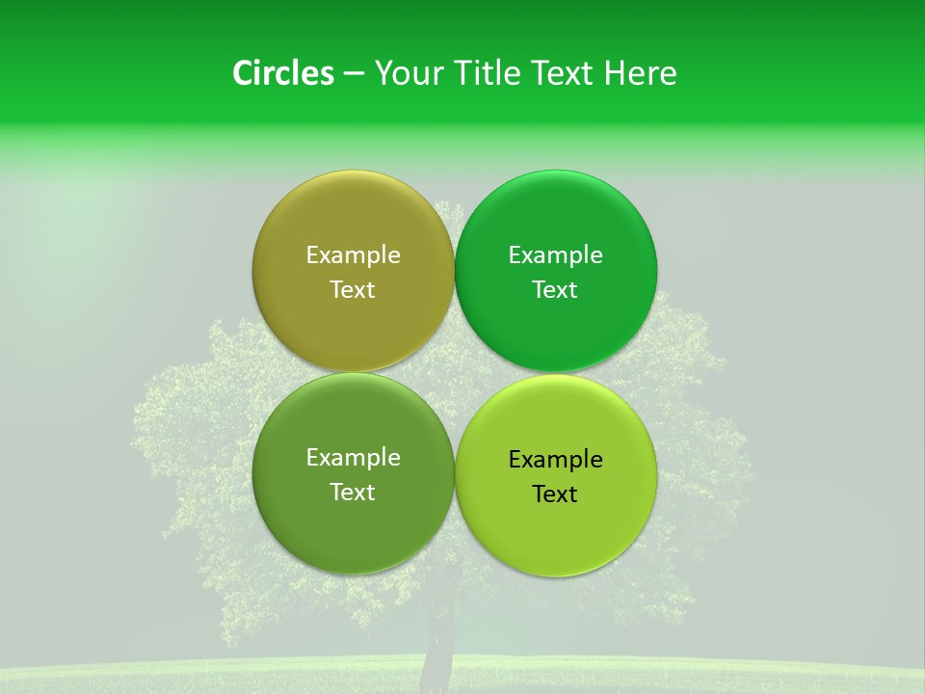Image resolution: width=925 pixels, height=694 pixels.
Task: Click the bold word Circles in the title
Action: coord(282,73)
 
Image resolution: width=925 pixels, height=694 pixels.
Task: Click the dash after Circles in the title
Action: coord(354,74)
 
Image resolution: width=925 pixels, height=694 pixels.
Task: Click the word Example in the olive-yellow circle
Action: coord(353,255)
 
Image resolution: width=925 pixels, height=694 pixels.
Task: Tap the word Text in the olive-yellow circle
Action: coord(353,290)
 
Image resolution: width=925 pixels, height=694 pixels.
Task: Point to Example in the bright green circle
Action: coord(555,255)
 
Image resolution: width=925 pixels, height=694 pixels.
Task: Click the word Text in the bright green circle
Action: coord(555,290)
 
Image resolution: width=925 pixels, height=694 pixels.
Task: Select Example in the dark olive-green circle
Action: coord(353,458)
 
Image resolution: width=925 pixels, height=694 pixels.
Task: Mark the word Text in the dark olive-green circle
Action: coord(353,493)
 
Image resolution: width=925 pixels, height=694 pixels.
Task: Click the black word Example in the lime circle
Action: coord(555,460)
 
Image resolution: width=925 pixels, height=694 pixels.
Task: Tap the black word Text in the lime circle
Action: coord(555,494)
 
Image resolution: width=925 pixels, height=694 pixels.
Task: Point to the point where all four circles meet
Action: coord(454,372)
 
